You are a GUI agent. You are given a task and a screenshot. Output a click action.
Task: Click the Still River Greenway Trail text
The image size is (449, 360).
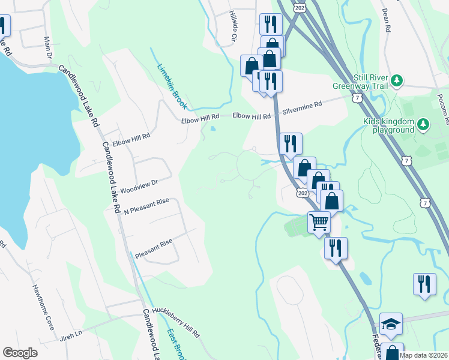[360, 82]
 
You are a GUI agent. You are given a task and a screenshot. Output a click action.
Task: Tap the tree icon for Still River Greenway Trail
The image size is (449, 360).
[396, 80]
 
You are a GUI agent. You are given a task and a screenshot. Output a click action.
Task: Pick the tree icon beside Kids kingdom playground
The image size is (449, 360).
[424, 124]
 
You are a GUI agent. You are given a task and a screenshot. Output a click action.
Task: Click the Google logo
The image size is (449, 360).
[20, 353]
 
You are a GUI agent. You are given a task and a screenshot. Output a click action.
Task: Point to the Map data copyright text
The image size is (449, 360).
[423, 355]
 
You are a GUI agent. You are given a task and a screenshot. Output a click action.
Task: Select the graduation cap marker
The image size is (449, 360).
[391, 325]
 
